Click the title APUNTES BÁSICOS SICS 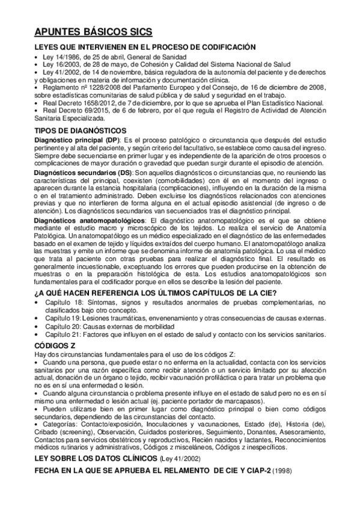coord(93,32)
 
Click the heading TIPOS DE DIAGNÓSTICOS coord(81,131)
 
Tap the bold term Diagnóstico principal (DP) coord(77,140)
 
